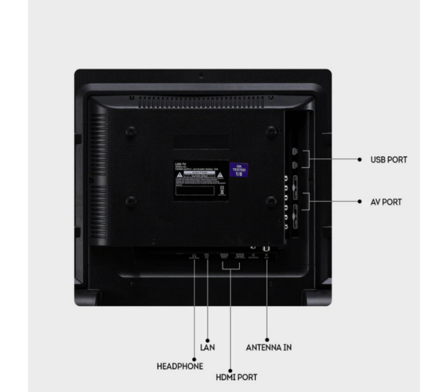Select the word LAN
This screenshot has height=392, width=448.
(208, 347)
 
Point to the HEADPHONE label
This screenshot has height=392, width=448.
(179, 367)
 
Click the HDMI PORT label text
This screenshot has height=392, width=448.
(237, 377)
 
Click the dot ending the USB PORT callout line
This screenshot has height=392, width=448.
(358, 159)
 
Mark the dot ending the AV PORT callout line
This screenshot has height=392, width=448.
(358, 202)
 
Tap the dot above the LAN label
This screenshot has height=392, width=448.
(208, 332)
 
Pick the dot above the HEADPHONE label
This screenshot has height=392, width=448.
(195, 351)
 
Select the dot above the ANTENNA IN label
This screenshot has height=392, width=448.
(267, 332)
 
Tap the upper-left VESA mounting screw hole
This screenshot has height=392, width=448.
(131, 132)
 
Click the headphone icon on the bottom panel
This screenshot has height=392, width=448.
(195, 258)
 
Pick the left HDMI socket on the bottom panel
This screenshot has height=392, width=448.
(224, 255)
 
